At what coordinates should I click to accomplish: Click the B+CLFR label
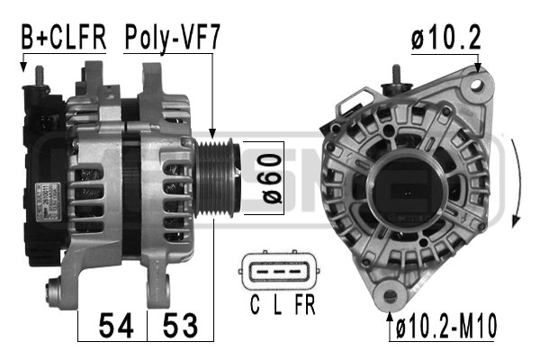(x=64, y=37)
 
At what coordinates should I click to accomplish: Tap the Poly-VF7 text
(x=172, y=38)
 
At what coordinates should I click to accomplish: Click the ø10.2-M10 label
(x=446, y=326)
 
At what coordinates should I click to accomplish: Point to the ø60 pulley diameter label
(x=271, y=178)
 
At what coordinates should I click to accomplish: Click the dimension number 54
(x=116, y=326)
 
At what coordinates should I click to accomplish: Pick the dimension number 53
(x=180, y=326)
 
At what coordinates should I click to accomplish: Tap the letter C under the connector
(x=255, y=304)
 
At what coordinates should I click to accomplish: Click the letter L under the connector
(x=277, y=304)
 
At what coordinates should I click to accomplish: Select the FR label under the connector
(x=305, y=304)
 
